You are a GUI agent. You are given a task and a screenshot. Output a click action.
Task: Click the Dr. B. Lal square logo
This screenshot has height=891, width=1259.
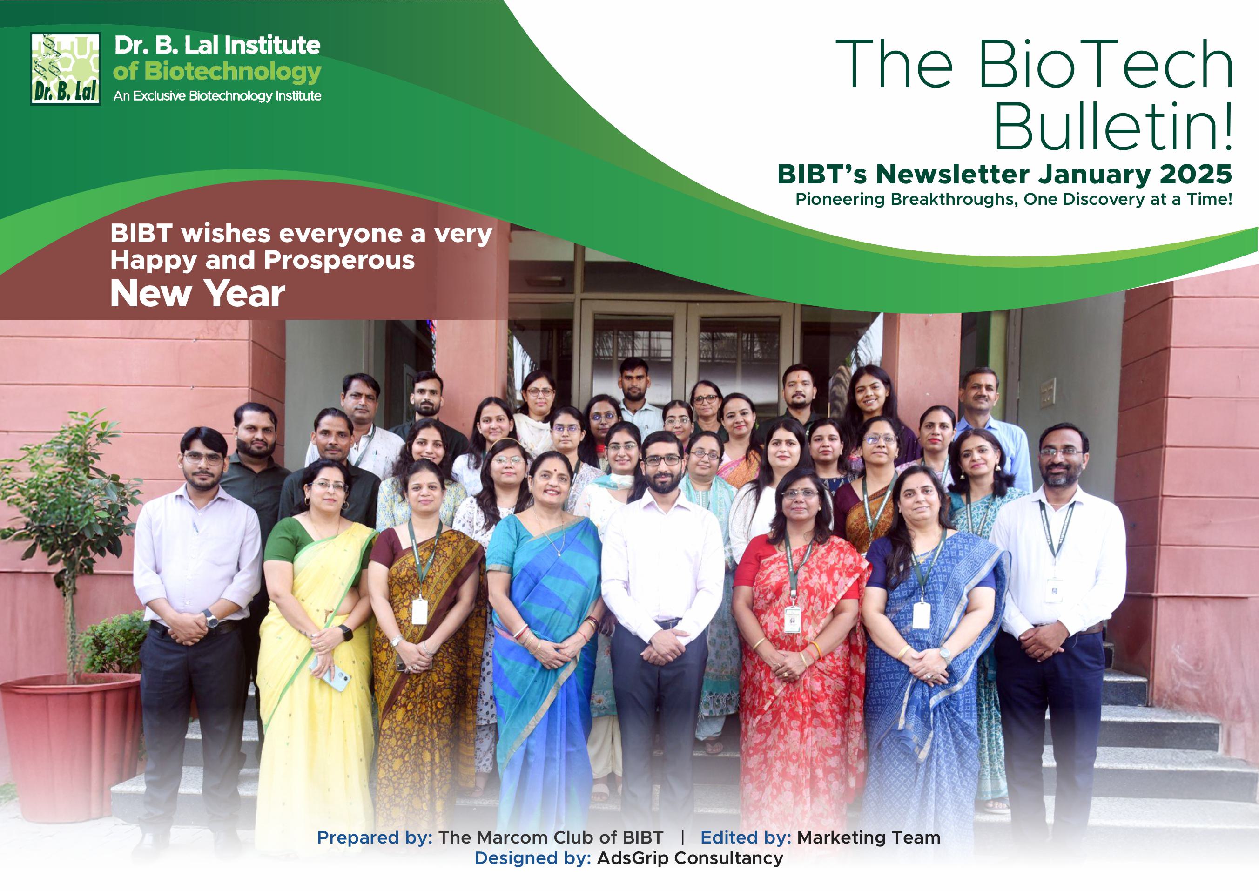click(x=65, y=68)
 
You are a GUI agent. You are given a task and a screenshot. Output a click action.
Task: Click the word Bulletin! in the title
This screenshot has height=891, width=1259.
click(x=1114, y=126)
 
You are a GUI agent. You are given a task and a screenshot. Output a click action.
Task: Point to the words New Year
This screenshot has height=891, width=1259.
click(x=197, y=294)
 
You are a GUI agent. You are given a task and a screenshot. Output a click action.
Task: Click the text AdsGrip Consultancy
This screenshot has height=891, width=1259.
click(x=690, y=858)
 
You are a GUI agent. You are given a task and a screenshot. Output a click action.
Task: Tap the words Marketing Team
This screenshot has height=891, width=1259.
click(x=869, y=838)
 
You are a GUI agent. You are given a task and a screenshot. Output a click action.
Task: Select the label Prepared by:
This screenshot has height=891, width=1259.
click(x=375, y=838)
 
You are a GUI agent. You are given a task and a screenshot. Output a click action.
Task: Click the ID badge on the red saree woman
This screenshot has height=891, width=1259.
click(x=792, y=619)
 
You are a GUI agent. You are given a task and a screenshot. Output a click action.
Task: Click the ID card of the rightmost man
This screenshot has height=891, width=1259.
click(x=1053, y=590)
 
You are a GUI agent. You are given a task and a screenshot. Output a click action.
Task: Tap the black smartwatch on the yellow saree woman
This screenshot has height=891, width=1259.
click(x=346, y=633)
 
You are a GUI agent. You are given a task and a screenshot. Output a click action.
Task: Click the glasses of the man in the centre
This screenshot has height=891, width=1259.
click(x=662, y=460)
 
